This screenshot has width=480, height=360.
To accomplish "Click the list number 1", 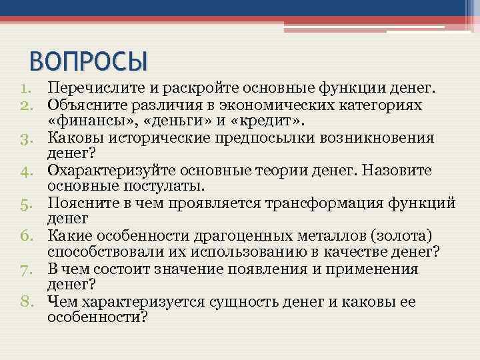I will point(25,89).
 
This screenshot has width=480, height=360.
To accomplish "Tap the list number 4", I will point(25,171).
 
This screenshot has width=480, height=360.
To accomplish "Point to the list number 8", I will point(25,302).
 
